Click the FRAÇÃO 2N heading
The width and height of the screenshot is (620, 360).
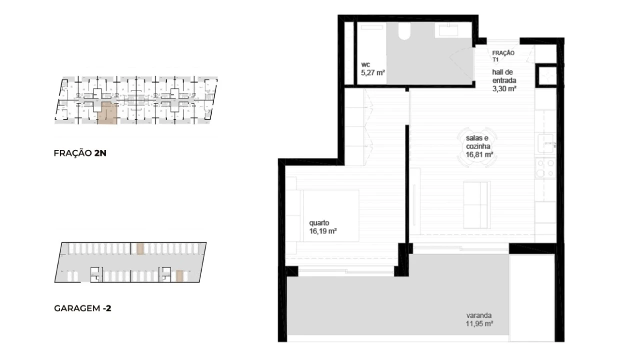(80, 153)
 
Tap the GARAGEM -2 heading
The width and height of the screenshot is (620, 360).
(83, 308)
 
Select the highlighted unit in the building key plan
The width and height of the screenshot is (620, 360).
(108, 113)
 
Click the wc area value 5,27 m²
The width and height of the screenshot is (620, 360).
(373, 73)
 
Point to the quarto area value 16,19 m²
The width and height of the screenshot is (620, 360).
(323, 231)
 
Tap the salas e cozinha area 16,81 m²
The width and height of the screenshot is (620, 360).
(479, 154)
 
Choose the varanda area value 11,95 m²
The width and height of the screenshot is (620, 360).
(479, 323)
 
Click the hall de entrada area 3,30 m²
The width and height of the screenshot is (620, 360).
(504, 89)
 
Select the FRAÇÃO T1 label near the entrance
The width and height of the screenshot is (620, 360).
(503, 56)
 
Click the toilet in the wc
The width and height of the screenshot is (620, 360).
(404, 31)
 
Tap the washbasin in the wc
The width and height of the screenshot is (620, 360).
(446, 30)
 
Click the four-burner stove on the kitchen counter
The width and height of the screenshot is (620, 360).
(545, 168)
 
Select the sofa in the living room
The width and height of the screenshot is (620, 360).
(476, 205)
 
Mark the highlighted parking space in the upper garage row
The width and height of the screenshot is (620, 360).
(140, 248)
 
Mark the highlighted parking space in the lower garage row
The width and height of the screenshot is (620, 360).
(180, 276)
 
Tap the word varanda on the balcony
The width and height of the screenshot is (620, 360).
(478, 315)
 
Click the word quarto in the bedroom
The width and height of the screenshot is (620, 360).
(319, 223)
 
